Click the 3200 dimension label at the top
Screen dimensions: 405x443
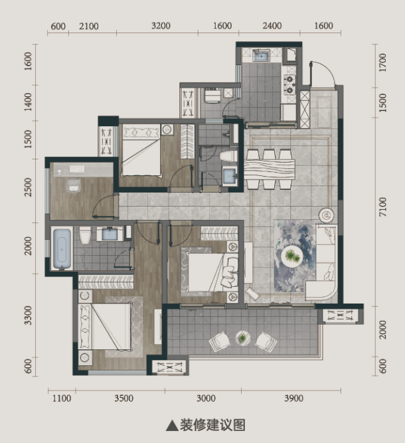tap(161, 26)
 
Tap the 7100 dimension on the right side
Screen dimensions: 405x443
tap(382, 207)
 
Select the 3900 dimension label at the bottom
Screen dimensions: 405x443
tap(293, 399)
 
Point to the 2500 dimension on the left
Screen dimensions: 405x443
tap(28, 187)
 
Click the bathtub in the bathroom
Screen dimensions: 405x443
tap(62, 248)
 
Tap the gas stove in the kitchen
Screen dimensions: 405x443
tap(289, 84)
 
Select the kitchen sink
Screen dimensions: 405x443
tap(262, 55)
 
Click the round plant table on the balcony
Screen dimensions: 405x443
tap(243, 337)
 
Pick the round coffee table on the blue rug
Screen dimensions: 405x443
tap(291, 256)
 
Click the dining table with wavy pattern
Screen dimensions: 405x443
tap(270, 169)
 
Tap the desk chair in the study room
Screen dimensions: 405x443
tap(74, 185)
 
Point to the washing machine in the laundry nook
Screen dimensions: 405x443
tap(212, 96)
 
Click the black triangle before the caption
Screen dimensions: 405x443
tap(172, 426)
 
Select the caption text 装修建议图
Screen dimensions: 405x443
tap(212, 425)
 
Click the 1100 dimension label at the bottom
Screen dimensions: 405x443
tap(62, 399)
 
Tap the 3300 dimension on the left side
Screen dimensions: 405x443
tap(28, 315)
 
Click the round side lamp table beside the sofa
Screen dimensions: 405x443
tap(326, 216)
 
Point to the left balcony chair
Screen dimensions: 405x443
tap(219, 341)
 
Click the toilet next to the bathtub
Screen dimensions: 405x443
tap(85, 235)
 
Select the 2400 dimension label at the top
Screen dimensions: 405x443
tap(272, 26)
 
